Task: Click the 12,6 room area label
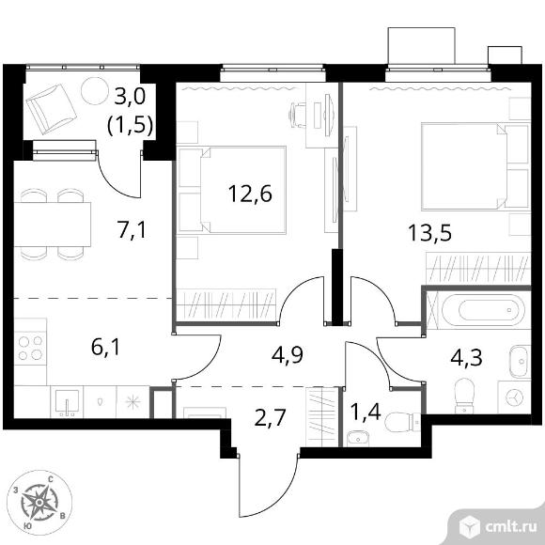tap(250, 194)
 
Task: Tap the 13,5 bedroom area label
tap(430, 232)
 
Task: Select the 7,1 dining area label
tap(132, 230)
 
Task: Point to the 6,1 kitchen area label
tap(105, 347)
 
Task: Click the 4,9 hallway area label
tap(288, 354)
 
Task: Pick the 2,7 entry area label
tap(270, 417)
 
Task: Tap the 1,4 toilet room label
tap(366, 413)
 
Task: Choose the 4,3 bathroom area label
tap(466, 357)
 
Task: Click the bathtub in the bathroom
tap(484, 310)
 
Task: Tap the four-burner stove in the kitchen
tap(30, 348)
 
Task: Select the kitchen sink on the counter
tap(67, 401)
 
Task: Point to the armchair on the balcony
tap(52, 109)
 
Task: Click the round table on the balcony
tap(95, 91)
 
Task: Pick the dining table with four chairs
tap(52, 225)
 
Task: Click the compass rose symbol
tap(39, 503)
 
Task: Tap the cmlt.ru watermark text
tap(511, 527)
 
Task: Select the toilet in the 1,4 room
tap(403, 422)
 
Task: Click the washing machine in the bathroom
tap(514, 397)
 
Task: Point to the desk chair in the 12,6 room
tap(298, 115)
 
